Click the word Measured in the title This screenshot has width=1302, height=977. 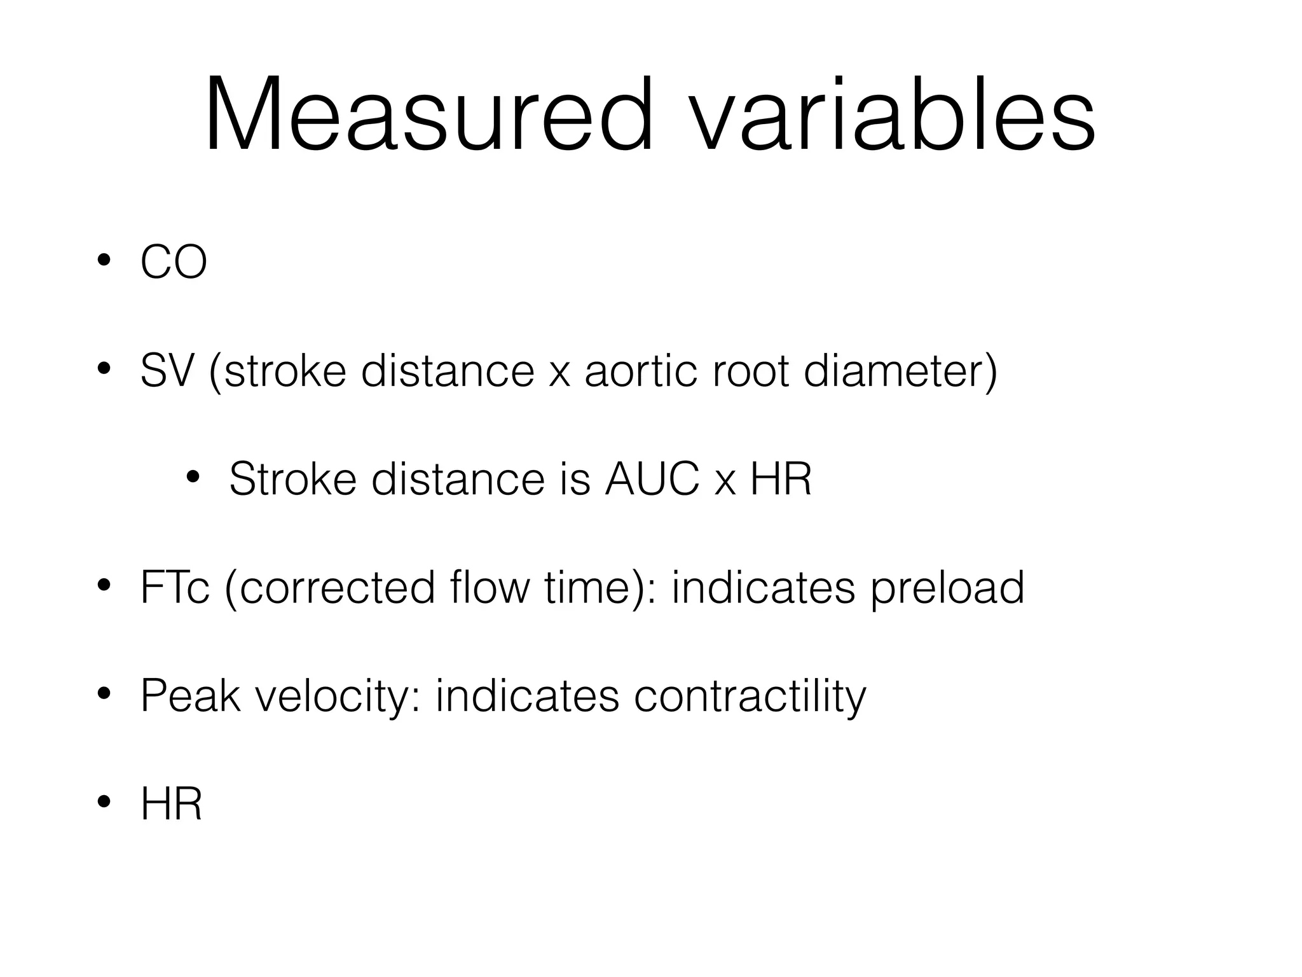pyautogui.click(x=428, y=115)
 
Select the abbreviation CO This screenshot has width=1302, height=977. pyautogui.click(x=174, y=263)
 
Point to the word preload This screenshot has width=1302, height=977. pyautogui.click(x=947, y=588)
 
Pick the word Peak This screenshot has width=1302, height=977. pyautogui.click(x=190, y=695)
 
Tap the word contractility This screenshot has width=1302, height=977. pyautogui.click(x=750, y=696)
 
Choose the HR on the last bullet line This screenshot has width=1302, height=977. pyautogui.click(x=171, y=804)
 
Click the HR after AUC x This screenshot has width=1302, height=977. pyautogui.click(x=781, y=479)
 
